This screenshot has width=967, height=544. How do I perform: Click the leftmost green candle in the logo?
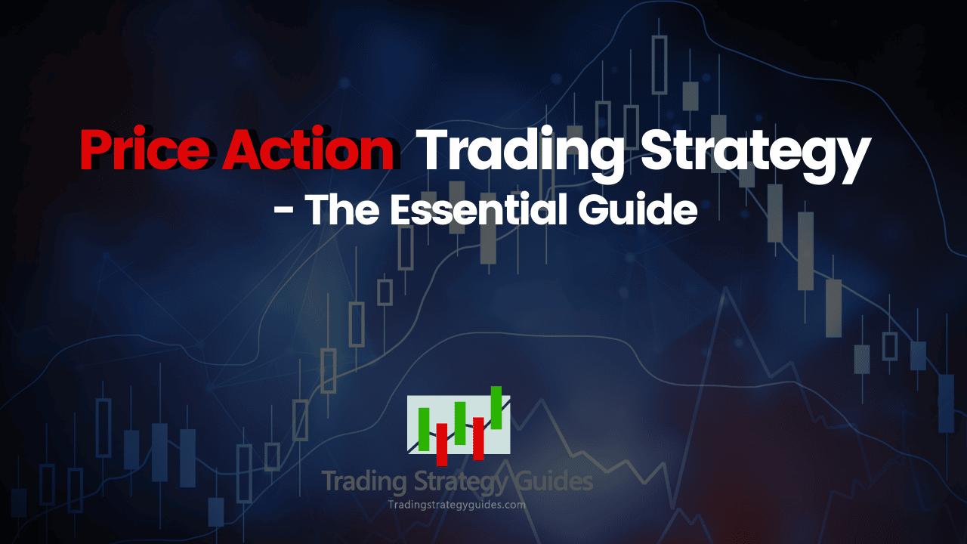[x=424, y=428]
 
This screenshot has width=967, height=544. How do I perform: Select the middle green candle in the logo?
[x=459, y=423]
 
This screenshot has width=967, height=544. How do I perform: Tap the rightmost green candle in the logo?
[x=496, y=407]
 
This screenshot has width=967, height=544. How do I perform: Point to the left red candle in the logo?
[x=442, y=444]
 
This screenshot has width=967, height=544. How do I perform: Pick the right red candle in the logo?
[x=478, y=438]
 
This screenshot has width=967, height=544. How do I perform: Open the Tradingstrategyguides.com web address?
[x=456, y=505]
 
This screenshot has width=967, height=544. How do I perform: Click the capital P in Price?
[x=97, y=150]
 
